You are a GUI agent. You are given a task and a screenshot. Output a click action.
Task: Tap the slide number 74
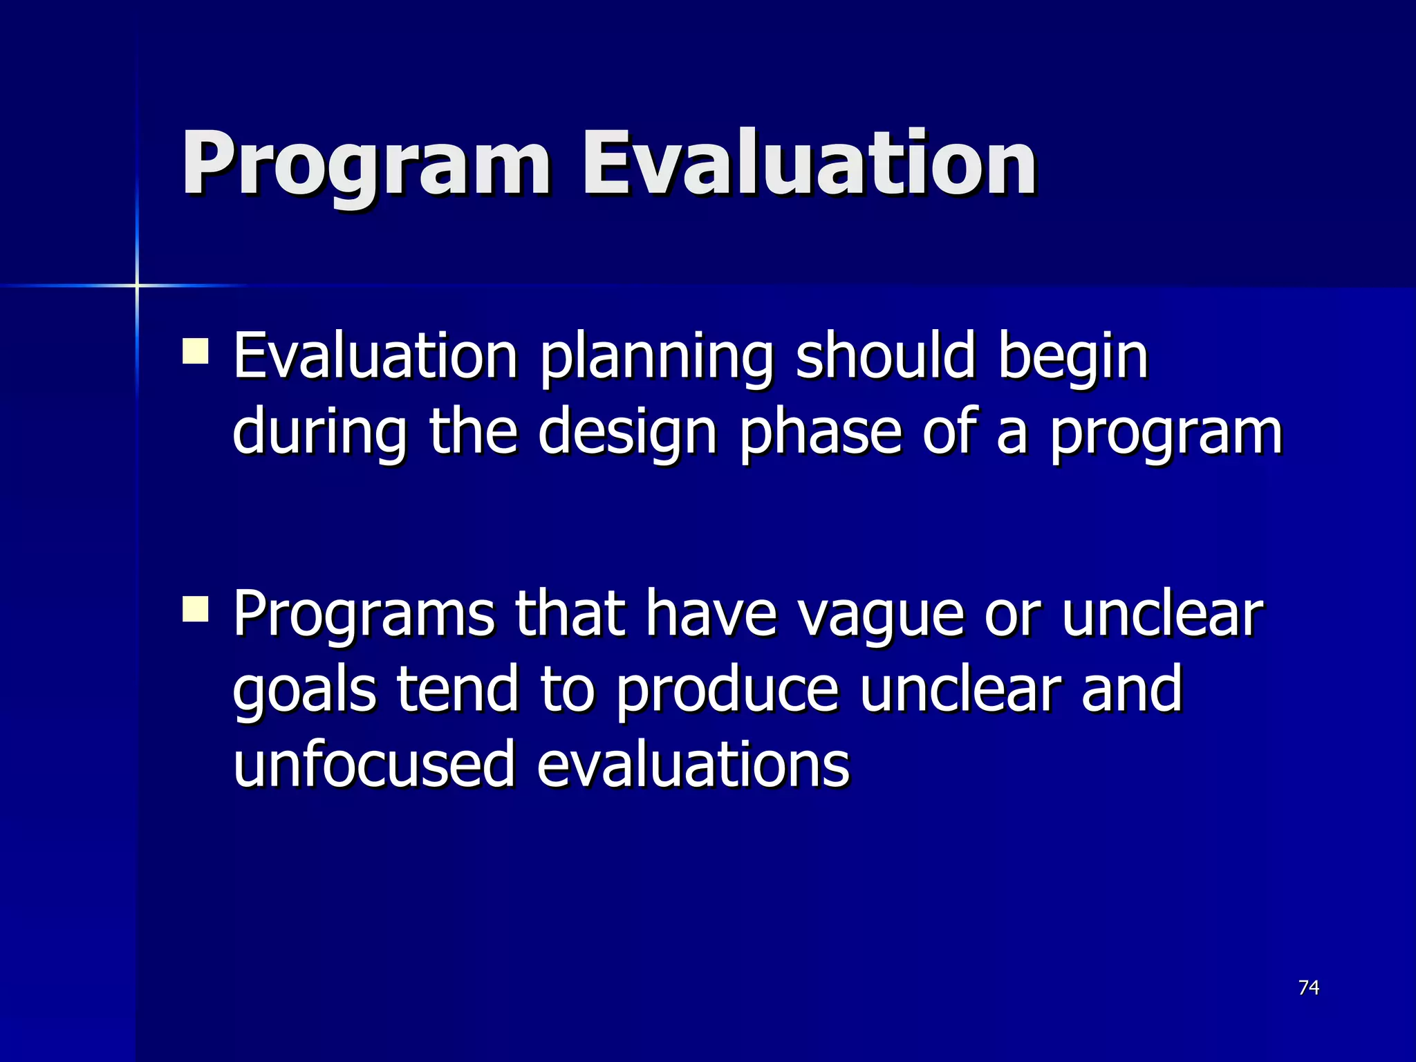click(1309, 987)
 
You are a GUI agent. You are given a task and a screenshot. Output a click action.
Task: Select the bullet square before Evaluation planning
click(196, 351)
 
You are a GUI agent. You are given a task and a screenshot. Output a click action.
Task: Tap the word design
click(627, 434)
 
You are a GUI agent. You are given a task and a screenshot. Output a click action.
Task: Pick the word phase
click(820, 434)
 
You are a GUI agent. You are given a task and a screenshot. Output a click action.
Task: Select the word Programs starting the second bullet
click(364, 615)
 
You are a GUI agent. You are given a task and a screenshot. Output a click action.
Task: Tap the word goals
click(304, 691)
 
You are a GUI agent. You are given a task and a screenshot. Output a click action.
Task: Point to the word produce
click(726, 691)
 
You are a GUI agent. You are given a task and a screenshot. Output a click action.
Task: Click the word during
click(319, 434)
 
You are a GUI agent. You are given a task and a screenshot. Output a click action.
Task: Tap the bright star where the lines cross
click(137, 285)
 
